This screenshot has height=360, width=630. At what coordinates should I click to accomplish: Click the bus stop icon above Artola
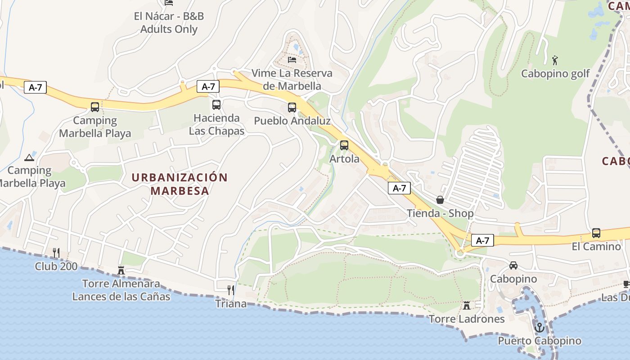(x=344, y=145)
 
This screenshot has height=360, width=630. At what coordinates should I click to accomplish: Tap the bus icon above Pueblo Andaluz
(x=292, y=108)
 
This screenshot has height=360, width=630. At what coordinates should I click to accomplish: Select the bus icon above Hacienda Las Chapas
(x=216, y=105)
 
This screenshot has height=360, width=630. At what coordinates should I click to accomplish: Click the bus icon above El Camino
(x=596, y=233)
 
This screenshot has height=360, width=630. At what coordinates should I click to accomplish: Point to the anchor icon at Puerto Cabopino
(x=539, y=327)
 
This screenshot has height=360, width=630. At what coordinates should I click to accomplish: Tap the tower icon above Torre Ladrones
(x=467, y=306)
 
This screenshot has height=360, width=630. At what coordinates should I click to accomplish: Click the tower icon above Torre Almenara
(x=121, y=270)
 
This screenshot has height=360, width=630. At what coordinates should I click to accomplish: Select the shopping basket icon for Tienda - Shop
(x=440, y=200)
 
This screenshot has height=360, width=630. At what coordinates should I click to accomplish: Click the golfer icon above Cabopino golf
(x=555, y=60)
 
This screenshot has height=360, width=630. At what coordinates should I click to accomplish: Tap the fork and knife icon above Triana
(x=231, y=290)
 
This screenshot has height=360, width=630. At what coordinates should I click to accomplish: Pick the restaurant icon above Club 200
(x=56, y=252)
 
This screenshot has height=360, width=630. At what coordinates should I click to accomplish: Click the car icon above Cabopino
(x=513, y=265)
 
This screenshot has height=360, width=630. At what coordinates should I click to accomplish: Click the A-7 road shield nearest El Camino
(x=482, y=240)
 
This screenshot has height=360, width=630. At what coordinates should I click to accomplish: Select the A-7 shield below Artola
(x=399, y=188)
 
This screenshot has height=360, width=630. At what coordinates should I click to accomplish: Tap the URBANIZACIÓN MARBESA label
(x=180, y=184)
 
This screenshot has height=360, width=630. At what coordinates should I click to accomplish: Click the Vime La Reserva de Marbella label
(x=292, y=79)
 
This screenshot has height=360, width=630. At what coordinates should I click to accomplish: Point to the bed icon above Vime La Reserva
(x=292, y=59)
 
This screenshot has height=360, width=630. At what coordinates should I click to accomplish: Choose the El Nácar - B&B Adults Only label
(x=169, y=22)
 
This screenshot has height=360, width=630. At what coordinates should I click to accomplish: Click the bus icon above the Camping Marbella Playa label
(x=95, y=107)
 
